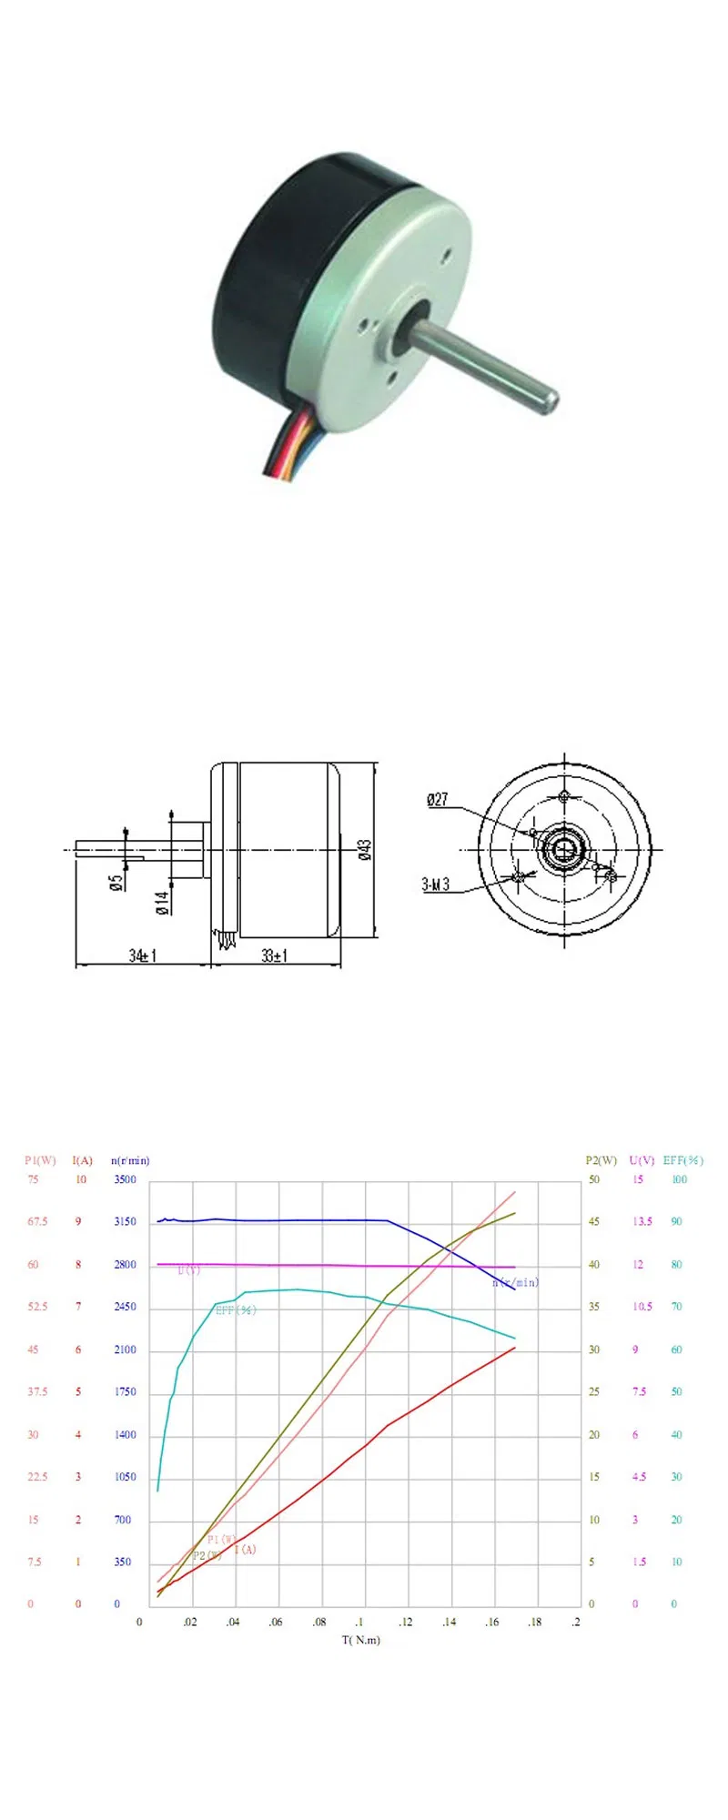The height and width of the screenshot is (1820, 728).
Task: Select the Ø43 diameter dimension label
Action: pos(365,850)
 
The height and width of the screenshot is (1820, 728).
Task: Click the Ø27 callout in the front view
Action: pos(438,799)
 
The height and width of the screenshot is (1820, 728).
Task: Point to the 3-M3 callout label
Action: pos(435,885)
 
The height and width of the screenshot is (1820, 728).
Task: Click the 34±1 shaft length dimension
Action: pos(143,955)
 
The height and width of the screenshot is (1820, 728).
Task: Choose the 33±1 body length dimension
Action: pos(275,955)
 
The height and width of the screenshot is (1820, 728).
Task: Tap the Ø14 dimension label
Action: pos(162,902)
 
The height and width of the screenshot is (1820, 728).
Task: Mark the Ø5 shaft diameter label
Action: pos(116,883)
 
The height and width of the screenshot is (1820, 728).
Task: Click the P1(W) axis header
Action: pos(40,1160)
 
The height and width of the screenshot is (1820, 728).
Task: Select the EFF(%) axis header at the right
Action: pos(682,1160)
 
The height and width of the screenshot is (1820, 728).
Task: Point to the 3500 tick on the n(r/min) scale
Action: pos(125,1179)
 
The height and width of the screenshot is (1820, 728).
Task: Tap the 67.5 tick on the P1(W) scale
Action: pos(37,1222)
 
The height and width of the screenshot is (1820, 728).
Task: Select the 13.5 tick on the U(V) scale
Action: pos(642,1222)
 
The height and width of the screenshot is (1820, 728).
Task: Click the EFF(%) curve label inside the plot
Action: pos(236,1310)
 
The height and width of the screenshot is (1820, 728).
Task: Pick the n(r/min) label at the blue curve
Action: pos(516,1282)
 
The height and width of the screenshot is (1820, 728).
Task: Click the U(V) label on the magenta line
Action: pos(188,1270)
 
